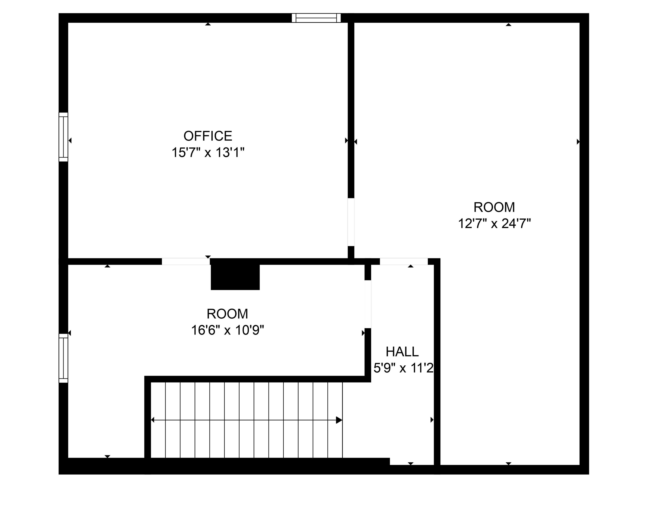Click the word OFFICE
(x=208, y=136)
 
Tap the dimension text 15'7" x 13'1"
(x=208, y=153)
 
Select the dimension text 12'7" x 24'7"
(x=494, y=224)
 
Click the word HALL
(x=402, y=352)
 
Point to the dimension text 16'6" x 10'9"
(x=228, y=330)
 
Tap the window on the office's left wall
(x=63, y=137)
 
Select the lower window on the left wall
(x=63, y=358)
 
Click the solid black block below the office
(x=235, y=274)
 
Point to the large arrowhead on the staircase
(x=339, y=420)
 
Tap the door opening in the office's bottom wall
(x=186, y=262)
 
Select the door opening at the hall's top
(x=404, y=262)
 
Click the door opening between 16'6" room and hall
(x=368, y=304)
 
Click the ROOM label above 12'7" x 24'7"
(x=494, y=207)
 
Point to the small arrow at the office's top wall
(x=208, y=24)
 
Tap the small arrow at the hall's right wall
(x=432, y=420)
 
